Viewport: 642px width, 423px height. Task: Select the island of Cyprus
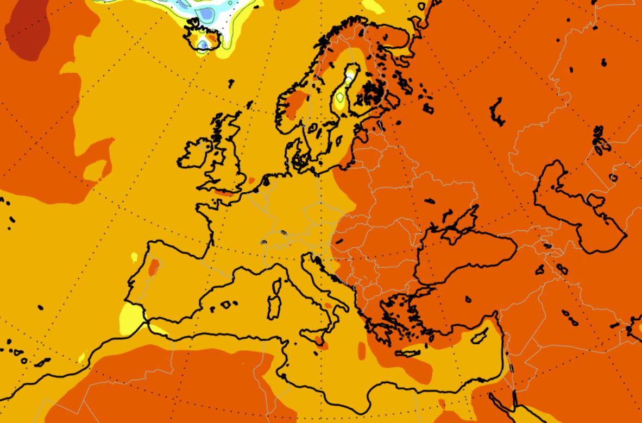coord(479,337)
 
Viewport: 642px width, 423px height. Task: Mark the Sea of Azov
coord(462,220)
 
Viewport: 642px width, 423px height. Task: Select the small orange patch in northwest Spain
coord(154,266)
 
